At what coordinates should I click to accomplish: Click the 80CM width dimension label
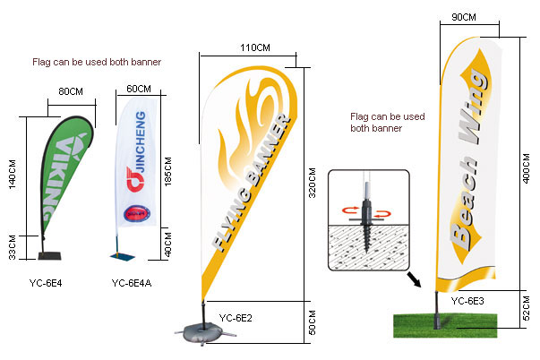pyautogui.click(x=71, y=91)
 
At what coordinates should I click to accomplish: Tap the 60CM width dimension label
pyautogui.click(x=139, y=90)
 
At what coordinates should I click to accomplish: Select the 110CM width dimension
pyautogui.click(x=255, y=47)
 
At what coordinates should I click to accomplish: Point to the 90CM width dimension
pyautogui.click(x=464, y=17)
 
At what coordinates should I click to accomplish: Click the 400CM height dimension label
pyautogui.click(x=527, y=166)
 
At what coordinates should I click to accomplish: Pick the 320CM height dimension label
pyautogui.click(x=313, y=178)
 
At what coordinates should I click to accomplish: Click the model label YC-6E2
pyautogui.click(x=237, y=317)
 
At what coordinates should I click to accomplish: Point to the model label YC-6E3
pyautogui.click(x=467, y=301)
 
